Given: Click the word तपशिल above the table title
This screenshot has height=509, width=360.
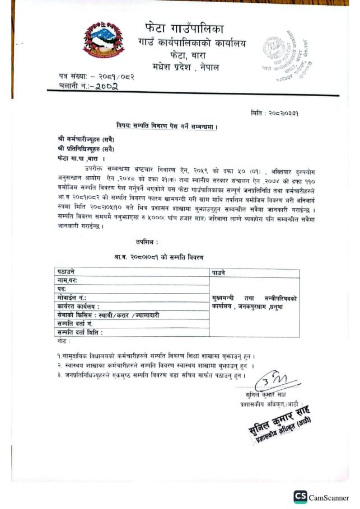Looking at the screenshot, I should click(147, 242).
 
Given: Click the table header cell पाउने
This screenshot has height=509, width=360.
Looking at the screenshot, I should click(219, 272).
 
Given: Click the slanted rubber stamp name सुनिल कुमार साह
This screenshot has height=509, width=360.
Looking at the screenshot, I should click(278, 421).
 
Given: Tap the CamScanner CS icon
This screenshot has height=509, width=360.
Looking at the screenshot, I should click(300, 497).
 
